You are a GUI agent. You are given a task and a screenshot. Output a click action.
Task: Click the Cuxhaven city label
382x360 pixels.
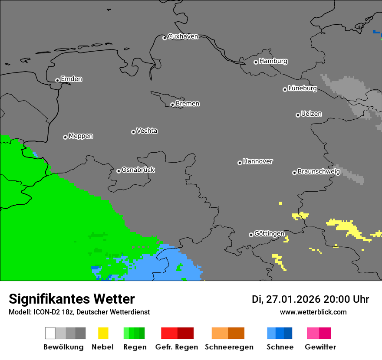coord(183,36)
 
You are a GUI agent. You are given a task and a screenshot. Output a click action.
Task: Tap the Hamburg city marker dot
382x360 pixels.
coord(256,62)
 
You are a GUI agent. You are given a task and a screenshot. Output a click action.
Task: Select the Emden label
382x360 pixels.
coord(71,79)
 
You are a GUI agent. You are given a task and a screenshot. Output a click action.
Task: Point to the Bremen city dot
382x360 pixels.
coord(172,105)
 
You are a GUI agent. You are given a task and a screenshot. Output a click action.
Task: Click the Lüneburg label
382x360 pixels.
coord(303,88)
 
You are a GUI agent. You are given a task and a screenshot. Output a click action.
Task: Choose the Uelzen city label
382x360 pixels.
coord(311,114)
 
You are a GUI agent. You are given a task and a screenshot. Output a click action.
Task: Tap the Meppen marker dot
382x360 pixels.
coord(65,137)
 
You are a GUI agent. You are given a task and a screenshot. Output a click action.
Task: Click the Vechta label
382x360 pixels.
coord(147,131)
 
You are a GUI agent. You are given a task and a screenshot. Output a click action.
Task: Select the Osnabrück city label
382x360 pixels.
coord(138,170)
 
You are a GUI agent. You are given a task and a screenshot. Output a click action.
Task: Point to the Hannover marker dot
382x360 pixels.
coord(240,163)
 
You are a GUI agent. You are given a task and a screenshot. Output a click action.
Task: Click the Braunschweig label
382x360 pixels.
coord(319,171)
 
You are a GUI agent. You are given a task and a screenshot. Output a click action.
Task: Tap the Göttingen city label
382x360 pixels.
coord(269,233)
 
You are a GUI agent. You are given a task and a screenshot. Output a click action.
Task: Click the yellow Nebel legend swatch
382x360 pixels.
coord(103,333)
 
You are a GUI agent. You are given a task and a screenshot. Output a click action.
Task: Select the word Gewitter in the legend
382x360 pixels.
coord(320,347)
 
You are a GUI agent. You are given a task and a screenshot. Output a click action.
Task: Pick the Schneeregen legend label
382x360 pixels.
coord(229,347)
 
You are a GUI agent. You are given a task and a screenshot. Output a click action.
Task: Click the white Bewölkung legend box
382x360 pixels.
coord(50,333)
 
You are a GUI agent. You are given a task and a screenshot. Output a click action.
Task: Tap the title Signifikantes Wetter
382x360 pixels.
coord(72,299)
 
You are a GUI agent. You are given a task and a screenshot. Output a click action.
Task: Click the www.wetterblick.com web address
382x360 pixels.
coord(313,312)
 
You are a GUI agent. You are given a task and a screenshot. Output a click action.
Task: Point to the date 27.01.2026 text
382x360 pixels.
coord(292,299)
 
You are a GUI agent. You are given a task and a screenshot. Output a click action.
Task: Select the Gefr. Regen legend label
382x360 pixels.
coord(177,347)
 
